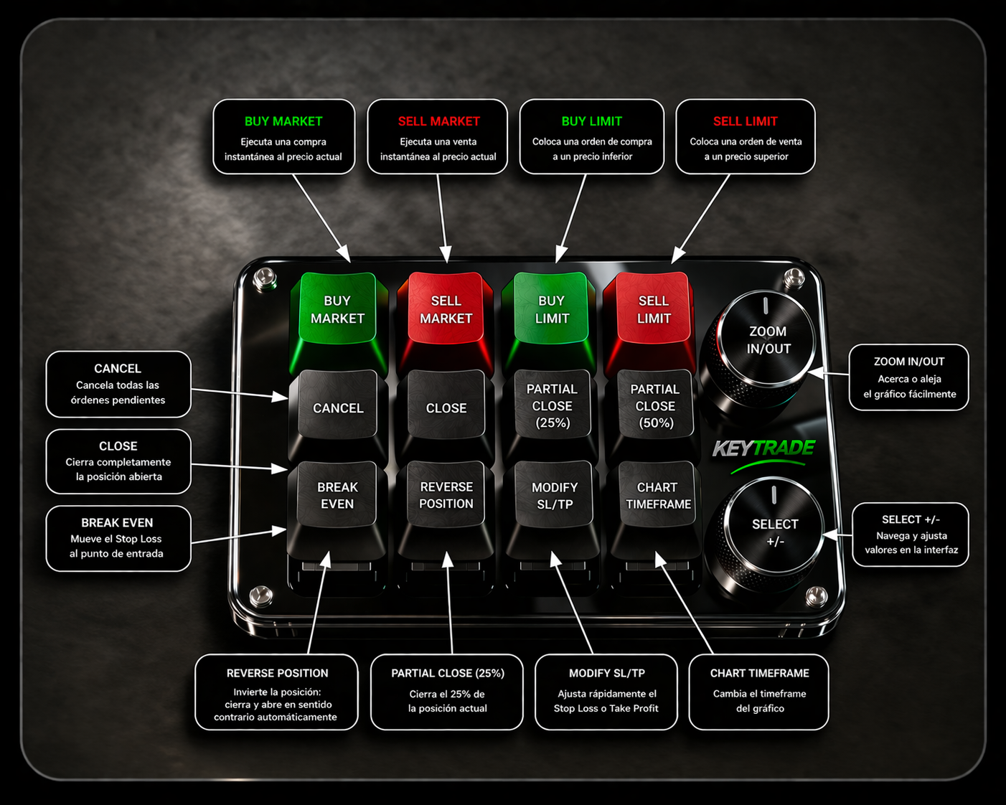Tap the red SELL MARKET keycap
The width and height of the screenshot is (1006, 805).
[x=446, y=309]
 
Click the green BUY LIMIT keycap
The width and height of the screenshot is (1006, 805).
[x=552, y=309]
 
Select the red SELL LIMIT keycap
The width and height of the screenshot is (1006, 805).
[x=654, y=309]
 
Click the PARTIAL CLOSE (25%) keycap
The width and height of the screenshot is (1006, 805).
[x=552, y=405]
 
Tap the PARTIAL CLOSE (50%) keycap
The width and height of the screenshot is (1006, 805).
[x=655, y=405]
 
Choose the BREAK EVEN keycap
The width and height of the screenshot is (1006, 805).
[x=337, y=495]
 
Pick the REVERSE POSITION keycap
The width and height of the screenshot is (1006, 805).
[x=446, y=495]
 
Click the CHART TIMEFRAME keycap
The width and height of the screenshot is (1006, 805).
[x=657, y=495]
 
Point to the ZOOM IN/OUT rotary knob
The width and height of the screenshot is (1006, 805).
[x=768, y=340]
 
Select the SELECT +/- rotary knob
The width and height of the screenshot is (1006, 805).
[x=774, y=532]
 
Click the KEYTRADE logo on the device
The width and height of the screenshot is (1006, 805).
[x=763, y=448]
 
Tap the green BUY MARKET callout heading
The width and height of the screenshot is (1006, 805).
[x=283, y=121]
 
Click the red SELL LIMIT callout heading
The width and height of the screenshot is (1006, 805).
[x=745, y=121]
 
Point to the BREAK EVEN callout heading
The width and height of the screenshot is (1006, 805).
[x=117, y=522]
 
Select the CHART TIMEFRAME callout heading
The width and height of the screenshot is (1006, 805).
[x=759, y=673]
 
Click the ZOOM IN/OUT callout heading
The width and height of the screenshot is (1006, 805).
[x=909, y=362]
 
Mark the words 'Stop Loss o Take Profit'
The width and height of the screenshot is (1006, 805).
[x=606, y=708]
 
